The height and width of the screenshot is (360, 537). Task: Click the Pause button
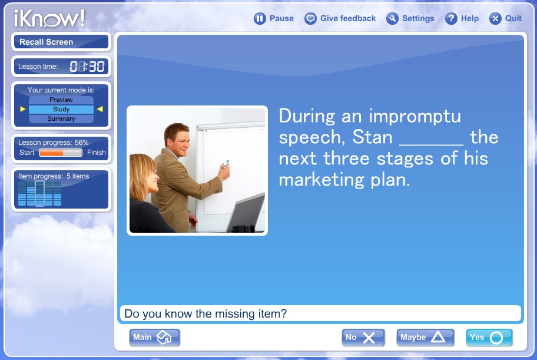273,18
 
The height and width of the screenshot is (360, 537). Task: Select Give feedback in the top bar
340,18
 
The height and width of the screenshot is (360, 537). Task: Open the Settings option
410,18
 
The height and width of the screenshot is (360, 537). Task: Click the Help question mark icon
451,18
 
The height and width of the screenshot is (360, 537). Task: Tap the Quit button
505,18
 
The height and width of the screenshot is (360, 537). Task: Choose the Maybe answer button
425,338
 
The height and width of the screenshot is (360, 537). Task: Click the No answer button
363,338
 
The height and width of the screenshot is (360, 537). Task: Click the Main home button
154,338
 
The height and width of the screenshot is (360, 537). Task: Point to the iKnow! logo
49,18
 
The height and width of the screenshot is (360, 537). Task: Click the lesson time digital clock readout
87,67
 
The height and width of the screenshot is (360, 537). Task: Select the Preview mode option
61,100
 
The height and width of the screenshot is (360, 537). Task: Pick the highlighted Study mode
61,110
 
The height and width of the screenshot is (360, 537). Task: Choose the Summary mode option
61,118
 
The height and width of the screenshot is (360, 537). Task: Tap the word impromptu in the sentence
415,117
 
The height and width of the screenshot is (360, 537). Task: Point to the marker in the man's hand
225,164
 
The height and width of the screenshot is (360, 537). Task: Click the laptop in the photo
246,213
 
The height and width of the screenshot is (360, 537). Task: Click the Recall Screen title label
47,42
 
